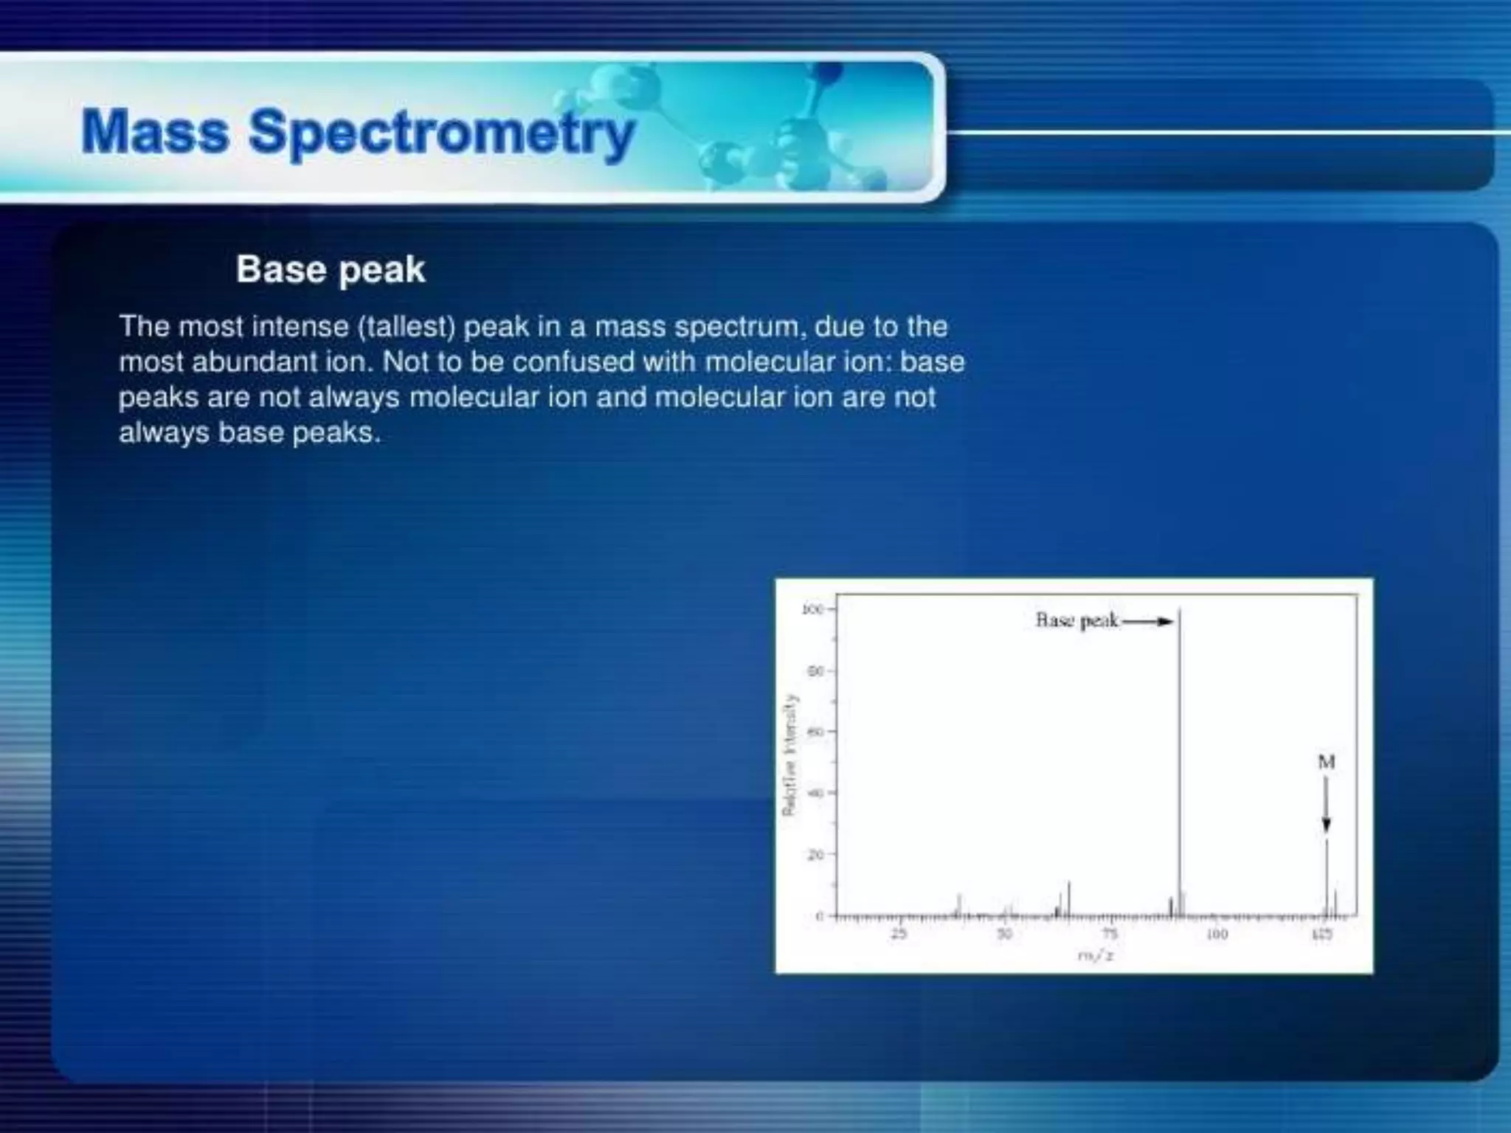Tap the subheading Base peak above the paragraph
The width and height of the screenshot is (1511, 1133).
pyautogui.click(x=331, y=269)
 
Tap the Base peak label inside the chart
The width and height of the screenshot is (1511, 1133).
pyautogui.click(x=1077, y=620)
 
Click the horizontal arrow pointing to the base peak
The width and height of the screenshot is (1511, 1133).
pyautogui.click(x=1148, y=622)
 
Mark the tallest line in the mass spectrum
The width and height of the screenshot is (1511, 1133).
pyautogui.click(x=1179, y=760)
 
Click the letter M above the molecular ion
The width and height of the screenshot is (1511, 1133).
pyautogui.click(x=1326, y=762)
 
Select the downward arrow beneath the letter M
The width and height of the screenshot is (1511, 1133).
pyautogui.click(x=1326, y=808)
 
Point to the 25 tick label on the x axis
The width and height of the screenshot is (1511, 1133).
pyautogui.click(x=899, y=934)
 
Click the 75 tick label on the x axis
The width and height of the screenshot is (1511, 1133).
pyautogui.click(x=1110, y=934)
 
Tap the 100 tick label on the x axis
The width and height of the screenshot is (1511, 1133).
pyautogui.click(x=1217, y=934)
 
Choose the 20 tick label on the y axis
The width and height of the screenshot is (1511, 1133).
pyautogui.click(x=815, y=855)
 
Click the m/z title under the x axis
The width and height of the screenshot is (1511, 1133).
pyautogui.click(x=1096, y=956)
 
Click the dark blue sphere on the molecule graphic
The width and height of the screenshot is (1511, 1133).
pyautogui.click(x=829, y=72)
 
